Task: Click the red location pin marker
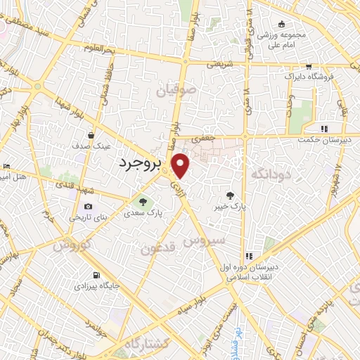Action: pyautogui.click(x=181, y=165)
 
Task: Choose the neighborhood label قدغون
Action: pyautogui.click(x=156, y=247)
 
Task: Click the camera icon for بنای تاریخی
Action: pyautogui.click(x=88, y=206)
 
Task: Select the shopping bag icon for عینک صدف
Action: pyautogui.click(x=91, y=134)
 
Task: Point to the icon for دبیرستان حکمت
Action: pyautogui.click(x=324, y=129)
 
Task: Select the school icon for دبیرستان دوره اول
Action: pyautogui.click(x=249, y=256)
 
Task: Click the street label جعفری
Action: pyautogui.click(x=204, y=140)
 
